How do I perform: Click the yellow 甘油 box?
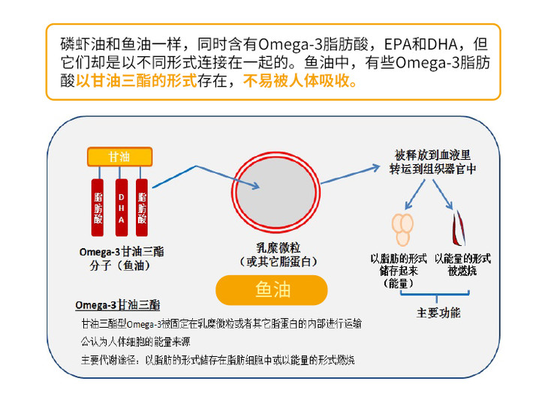click(x=119, y=157)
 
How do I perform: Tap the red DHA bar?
click(x=122, y=208)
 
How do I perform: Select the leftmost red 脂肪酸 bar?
click(x=98, y=208)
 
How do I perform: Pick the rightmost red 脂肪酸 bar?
click(x=142, y=208)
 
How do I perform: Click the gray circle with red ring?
click(x=276, y=192)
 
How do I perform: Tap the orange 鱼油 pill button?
click(x=272, y=290)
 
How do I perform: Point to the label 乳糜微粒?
click(x=279, y=247)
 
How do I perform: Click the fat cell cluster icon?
click(x=402, y=229)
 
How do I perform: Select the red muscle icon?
click(x=459, y=228)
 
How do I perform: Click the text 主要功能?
click(x=438, y=313)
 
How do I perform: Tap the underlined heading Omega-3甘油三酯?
click(x=117, y=305)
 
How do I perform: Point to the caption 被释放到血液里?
click(x=432, y=154)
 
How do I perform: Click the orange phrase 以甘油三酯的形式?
click(x=137, y=81)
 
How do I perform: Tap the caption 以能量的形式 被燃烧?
click(x=462, y=265)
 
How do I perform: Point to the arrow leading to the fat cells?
click(x=415, y=194)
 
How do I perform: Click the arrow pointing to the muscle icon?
click(x=443, y=194)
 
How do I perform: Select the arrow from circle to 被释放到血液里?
click(x=350, y=174)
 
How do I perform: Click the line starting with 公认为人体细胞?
click(x=136, y=341)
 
